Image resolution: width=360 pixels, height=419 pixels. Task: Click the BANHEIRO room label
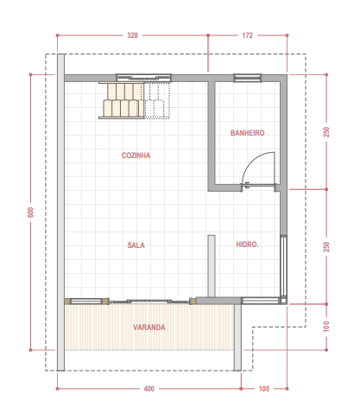247,133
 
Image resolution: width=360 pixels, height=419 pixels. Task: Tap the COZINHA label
136,156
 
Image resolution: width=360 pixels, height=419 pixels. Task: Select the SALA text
136,245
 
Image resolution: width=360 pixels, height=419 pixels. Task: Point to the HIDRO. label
247,244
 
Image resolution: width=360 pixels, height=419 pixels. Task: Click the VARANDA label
149,327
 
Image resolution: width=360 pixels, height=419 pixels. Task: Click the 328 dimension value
132,35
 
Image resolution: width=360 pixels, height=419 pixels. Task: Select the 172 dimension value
247,35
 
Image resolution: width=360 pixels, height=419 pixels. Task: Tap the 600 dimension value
30,213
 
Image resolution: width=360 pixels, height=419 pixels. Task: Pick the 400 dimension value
148,389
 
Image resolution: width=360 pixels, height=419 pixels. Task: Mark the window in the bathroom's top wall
248,78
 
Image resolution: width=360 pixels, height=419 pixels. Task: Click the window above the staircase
143,78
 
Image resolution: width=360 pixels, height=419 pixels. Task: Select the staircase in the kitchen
122,100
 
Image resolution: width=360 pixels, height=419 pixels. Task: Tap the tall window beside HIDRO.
283,266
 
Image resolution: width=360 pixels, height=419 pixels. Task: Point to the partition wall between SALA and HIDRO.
212,266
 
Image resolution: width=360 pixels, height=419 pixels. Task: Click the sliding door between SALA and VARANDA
149,302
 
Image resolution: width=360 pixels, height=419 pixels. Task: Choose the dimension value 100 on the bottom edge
264,389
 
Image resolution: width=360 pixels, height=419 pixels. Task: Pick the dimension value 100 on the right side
326,327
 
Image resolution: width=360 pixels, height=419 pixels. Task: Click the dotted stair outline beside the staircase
157,100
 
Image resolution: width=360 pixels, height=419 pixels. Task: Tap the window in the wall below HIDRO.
261,301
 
